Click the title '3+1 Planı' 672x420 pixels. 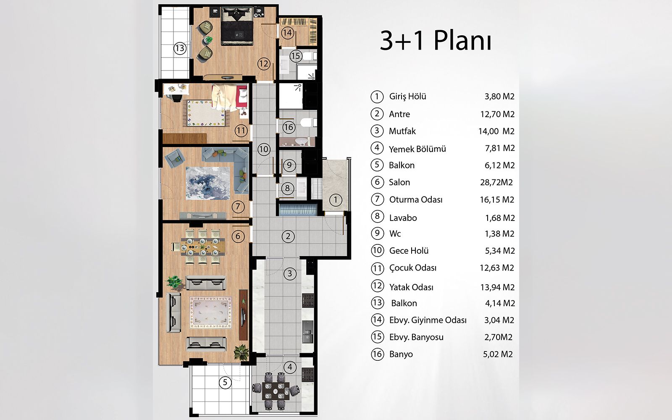tap(436, 40)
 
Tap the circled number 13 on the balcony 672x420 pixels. tap(180, 48)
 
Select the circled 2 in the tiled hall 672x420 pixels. tap(288, 236)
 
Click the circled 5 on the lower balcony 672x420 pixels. tap(225, 383)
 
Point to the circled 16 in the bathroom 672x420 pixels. tap(289, 127)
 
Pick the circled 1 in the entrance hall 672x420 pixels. tap(336, 200)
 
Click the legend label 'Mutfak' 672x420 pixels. tap(402, 131)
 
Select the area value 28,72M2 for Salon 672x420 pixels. tap(496, 182)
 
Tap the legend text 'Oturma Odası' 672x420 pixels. tap(416, 200)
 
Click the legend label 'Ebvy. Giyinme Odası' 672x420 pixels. tap(428, 320)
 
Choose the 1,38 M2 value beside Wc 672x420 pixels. tap(499, 234)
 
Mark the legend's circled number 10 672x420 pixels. tap(377, 250)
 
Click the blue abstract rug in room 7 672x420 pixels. tap(208, 183)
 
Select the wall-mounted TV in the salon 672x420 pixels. tap(243, 315)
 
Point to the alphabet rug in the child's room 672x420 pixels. tap(206, 113)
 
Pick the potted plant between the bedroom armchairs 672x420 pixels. tap(208, 39)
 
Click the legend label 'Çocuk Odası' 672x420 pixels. tap(413, 268)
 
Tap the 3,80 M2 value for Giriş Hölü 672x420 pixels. tap(499, 97)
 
